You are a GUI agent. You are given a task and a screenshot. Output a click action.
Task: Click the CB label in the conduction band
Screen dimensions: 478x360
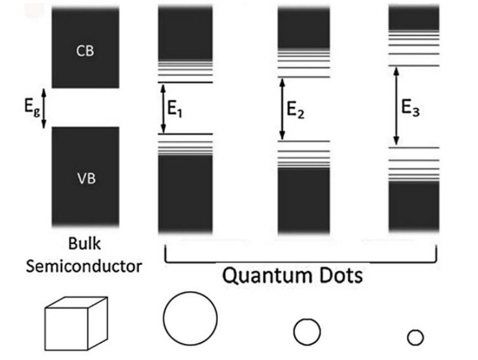(x=85, y=51)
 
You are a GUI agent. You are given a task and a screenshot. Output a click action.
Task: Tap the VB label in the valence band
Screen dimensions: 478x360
(x=86, y=179)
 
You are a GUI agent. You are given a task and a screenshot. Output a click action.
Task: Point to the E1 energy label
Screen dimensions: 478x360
(x=175, y=108)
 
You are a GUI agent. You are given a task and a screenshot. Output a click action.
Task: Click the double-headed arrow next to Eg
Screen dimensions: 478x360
(x=44, y=108)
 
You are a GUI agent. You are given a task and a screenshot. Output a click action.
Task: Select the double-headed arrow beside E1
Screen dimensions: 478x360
(x=163, y=108)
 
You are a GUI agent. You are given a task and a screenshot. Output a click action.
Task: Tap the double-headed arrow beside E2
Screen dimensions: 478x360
(x=282, y=109)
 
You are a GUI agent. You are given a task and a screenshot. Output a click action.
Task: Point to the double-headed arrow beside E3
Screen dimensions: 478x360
(x=396, y=106)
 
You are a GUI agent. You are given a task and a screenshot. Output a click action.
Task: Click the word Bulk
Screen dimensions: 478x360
(x=84, y=244)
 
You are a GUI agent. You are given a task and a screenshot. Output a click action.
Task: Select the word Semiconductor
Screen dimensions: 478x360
(x=84, y=267)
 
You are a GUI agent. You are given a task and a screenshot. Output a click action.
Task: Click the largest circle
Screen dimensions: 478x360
(x=164, y=319)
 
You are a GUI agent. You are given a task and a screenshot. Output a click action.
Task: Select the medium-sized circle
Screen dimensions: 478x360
(x=294, y=332)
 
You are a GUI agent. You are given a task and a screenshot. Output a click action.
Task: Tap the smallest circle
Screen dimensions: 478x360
(x=408, y=338)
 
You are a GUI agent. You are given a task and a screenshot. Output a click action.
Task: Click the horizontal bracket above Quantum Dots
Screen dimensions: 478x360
(x=300, y=262)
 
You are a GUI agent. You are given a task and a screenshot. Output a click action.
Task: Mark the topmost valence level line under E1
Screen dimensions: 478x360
(x=185, y=134)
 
